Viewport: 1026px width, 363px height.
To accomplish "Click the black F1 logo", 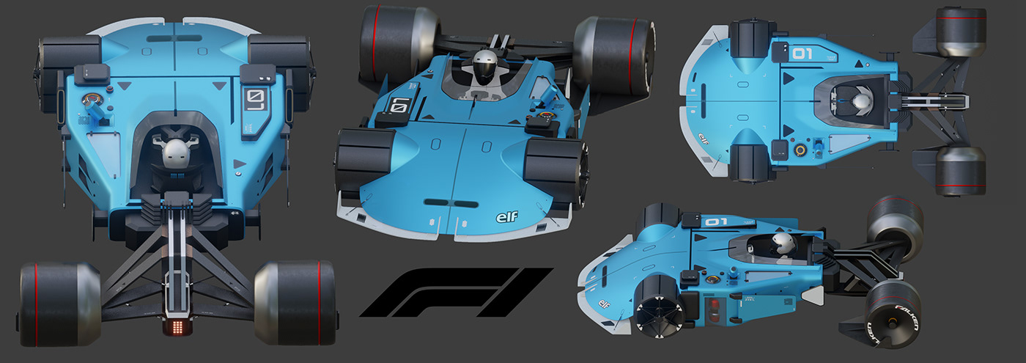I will tap(454, 292).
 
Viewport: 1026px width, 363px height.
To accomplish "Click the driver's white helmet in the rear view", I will tap(174, 152).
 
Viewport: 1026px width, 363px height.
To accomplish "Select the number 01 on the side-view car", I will tap(715, 221).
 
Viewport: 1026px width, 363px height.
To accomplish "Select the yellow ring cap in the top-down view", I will tap(800, 151).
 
